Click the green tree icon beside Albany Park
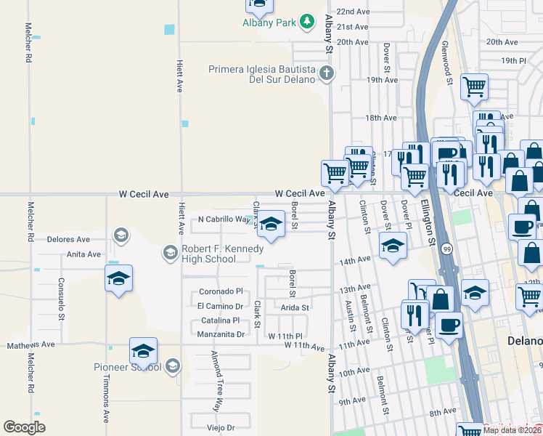[x=308, y=22]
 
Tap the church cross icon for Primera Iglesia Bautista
[x=327, y=73]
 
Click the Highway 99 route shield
[x=444, y=249]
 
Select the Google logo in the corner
[x=25, y=427]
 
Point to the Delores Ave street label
[x=68, y=238]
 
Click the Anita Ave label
[x=84, y=254]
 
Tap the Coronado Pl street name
[x=220, y=291]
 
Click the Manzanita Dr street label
[x=221, y=334]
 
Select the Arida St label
[x=295, y=308]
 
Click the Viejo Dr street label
[x=222, y=428]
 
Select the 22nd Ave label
[x=354, y=12]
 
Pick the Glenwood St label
[x=449, y=63]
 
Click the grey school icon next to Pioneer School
[x=173, y=365]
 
